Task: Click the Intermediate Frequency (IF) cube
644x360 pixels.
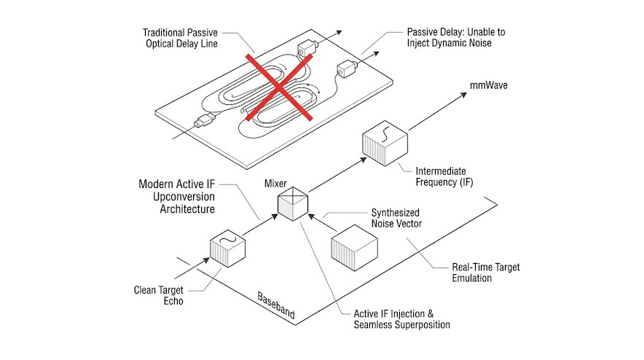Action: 384,141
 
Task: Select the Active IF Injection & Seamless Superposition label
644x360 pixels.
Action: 393,319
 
